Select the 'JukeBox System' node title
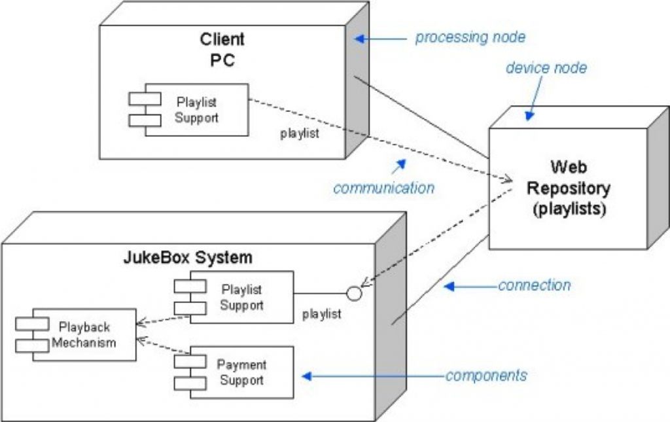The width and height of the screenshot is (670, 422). click(188, 257)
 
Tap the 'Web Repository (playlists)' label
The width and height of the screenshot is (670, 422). click(568, 188)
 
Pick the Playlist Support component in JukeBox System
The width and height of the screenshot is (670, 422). click(234, 298)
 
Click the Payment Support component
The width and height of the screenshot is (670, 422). click(234, 372)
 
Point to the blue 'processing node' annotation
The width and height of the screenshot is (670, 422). click(470, 37)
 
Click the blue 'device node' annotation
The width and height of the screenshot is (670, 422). click(546, 68)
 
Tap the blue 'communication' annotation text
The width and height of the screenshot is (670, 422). click(383, 188)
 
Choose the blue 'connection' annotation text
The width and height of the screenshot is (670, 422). click(534, 285)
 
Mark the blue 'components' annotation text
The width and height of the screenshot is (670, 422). click(486, 376)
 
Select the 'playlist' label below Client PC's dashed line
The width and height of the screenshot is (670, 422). click(300, 133)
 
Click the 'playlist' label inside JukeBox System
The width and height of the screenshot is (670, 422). click(322, 314)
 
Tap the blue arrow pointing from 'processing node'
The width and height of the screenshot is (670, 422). click(379, 39)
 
